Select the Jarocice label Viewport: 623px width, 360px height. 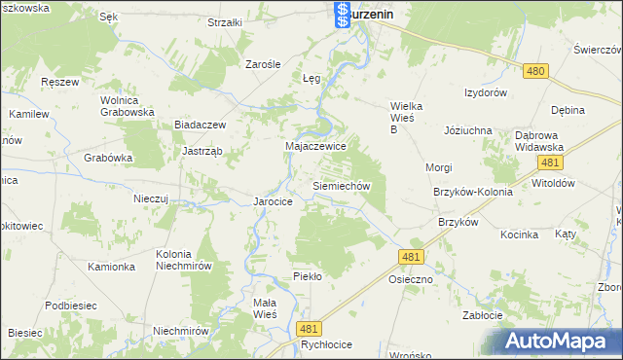pos(274,201)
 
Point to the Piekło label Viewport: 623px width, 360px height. pos(308,276)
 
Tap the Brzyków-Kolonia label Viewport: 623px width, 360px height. pos(473,192)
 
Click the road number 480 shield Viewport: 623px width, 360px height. pos(534,71)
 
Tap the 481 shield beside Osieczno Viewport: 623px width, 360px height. pos(411,255)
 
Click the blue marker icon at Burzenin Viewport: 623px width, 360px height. pos(342,14)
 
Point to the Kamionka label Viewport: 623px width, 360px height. pos(110,267)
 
